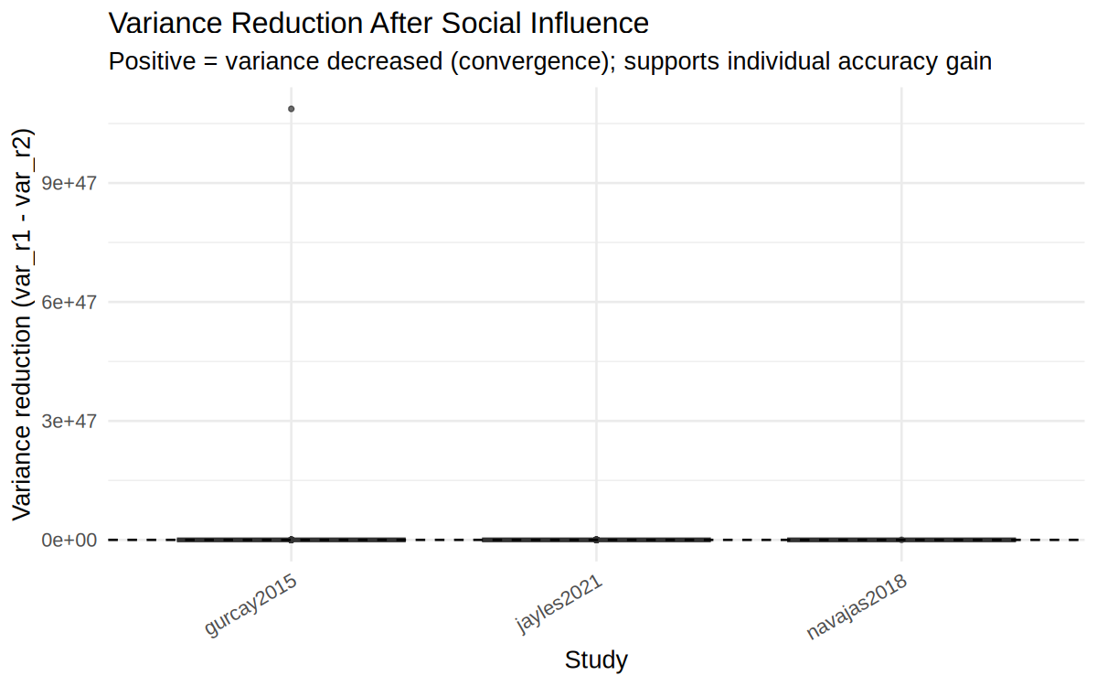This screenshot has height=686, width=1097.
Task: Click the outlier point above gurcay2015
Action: click(x=291, y=109)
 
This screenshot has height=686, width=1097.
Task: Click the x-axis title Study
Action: click(x=596, y=660)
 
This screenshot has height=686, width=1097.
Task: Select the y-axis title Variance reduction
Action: click(x=23, y=325)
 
